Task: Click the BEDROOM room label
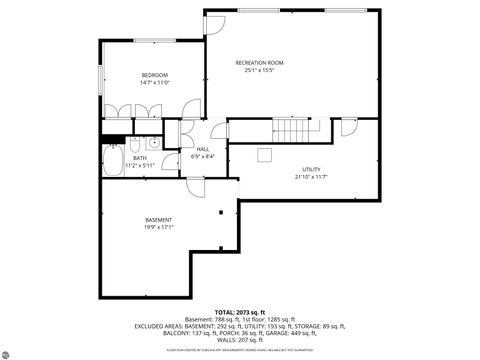tap(153, 75)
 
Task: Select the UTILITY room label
tap(311, 170)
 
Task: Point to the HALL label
tap(202, 149)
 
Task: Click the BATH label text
tap(139, 157)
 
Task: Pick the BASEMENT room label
tap(159, 219)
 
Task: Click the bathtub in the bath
tap(112, 160)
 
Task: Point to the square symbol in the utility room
tap(264, 153)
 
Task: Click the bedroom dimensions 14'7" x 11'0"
tap(153, 83)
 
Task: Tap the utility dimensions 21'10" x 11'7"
tap(311, 178)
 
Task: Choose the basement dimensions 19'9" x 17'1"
tap(159, 227)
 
